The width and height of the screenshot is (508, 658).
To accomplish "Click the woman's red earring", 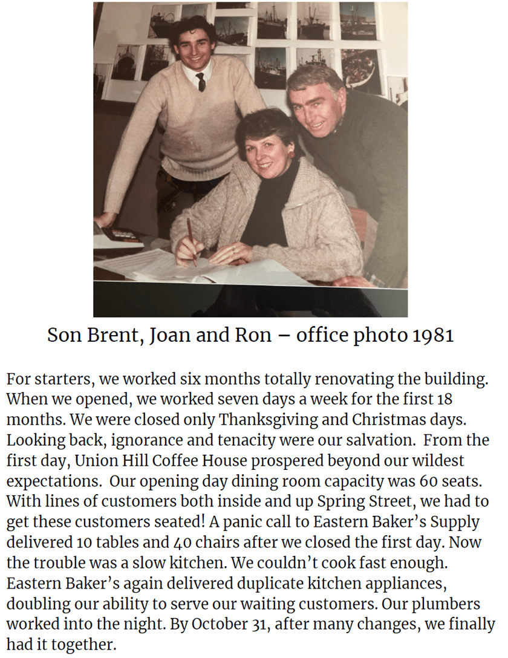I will [291, 155].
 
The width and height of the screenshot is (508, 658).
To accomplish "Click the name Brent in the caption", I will [109, 336].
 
